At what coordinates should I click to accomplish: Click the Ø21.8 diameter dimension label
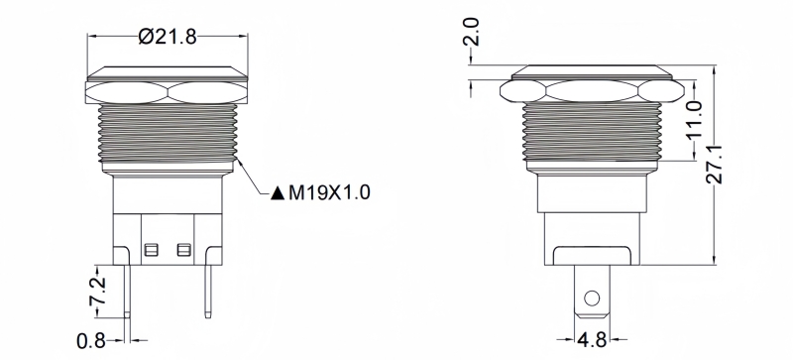coord(168,37)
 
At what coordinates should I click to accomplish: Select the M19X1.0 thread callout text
coord(329,192)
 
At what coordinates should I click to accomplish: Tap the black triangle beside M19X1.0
coord(278,193)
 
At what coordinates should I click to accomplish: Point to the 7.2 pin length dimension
coord(97,292)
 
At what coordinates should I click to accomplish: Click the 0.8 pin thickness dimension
coord(91,341)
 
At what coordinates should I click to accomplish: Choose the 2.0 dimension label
coord(472,32)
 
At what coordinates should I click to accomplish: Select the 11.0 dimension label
coord(696,119)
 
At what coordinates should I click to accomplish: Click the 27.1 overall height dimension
coord(714,164)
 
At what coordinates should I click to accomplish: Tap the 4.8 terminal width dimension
coord(592,340)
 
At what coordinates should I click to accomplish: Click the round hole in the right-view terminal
coord(592,299)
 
